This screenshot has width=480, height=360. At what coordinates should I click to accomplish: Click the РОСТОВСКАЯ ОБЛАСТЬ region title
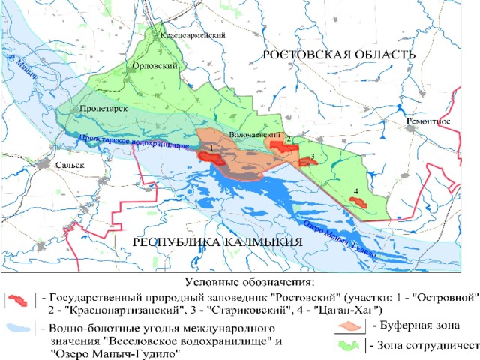[338, 55]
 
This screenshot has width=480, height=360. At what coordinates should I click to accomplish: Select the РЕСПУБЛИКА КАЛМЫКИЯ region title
[217, 242]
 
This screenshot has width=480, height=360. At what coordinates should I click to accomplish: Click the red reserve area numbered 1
[207, 156]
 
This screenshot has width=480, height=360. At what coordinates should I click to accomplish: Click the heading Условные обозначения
[248, 282]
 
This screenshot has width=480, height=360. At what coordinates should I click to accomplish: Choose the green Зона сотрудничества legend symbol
[349, 345]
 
